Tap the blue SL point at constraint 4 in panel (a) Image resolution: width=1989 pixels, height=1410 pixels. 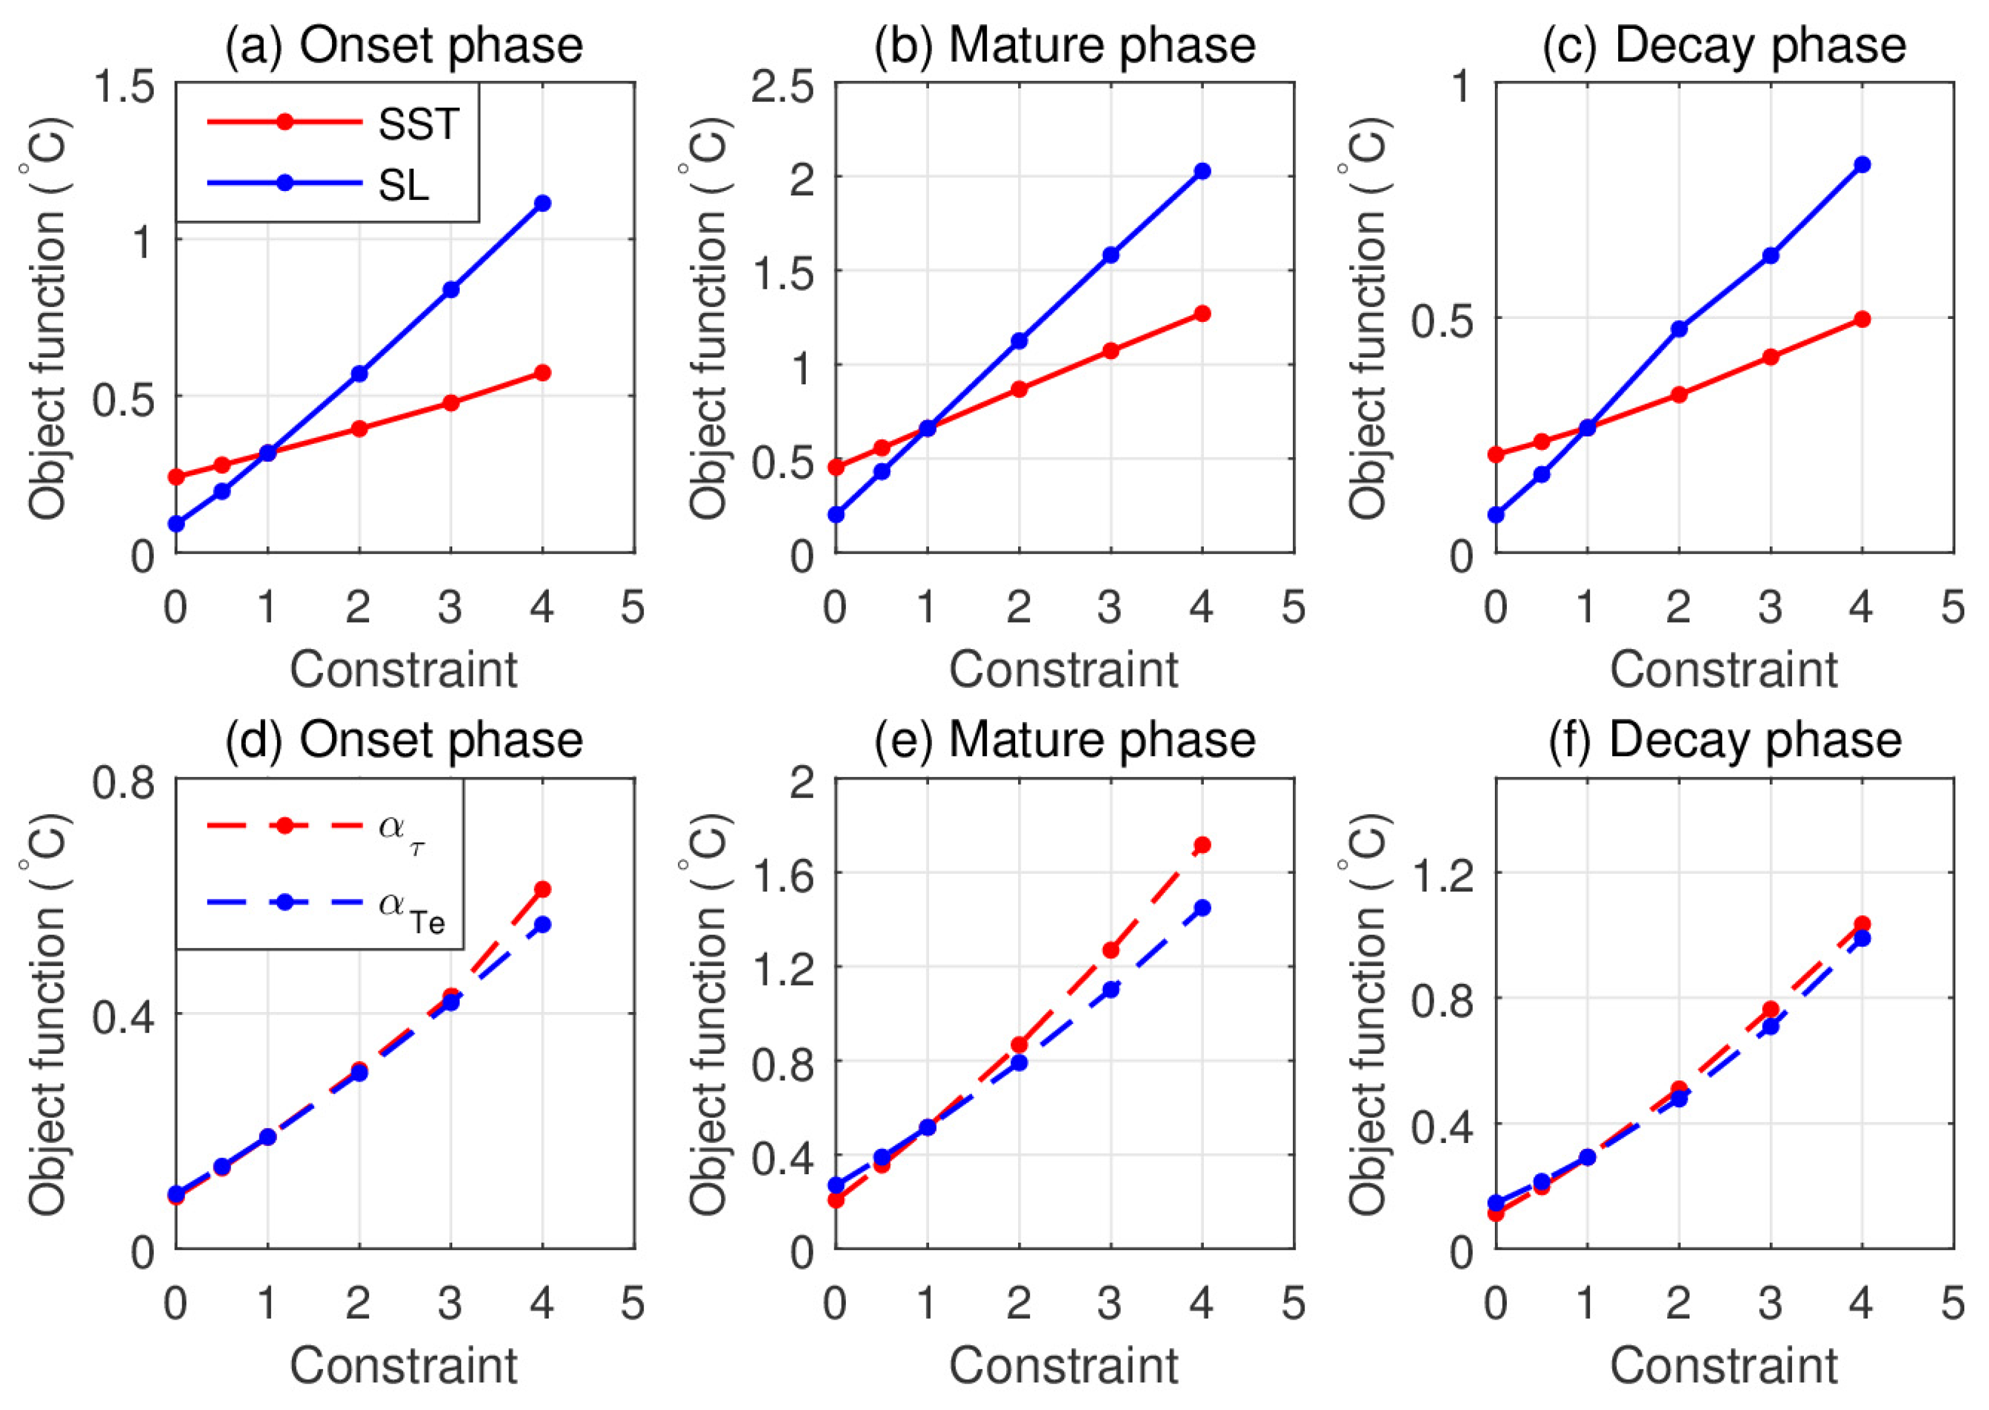click(x=542, y=203)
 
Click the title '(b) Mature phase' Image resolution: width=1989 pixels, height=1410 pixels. click(x=1065, y=45)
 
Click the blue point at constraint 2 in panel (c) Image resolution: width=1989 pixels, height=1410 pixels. click(x=1679, y=329)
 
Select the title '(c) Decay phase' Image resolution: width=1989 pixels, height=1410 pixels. click(x=1723, y=45)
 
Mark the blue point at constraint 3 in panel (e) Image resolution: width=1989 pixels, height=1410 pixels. click(x=1111, y=989)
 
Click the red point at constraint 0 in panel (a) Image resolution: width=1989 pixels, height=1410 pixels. click(x=176, y=477)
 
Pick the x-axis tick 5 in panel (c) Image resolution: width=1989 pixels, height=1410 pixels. click(x=1952, y=606)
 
